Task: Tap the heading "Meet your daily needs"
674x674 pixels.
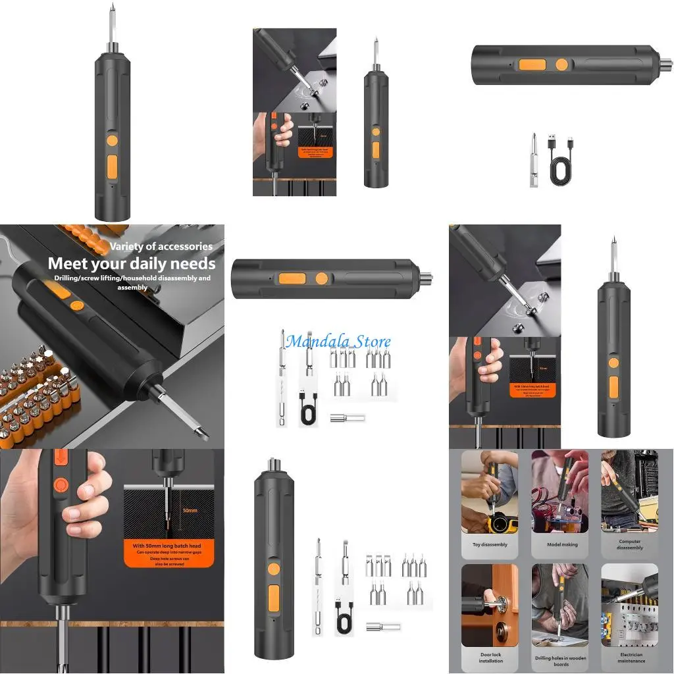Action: click(x=132, y=263)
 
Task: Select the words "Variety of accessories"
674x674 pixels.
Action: click(x=161, y=246)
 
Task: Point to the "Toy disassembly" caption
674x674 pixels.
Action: click(x=489, y=545)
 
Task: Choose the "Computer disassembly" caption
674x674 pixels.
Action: click(x=629, y=544)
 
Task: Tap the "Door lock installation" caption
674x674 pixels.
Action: click(x=490, y=658)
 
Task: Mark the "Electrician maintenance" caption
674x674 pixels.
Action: click(x=630, y=658)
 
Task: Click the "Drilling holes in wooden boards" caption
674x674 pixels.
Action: click(x=561, y=660)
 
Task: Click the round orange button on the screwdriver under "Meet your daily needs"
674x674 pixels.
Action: click(x=76, y=305)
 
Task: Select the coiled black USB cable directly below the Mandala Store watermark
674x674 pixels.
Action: click(x=308, y=411)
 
